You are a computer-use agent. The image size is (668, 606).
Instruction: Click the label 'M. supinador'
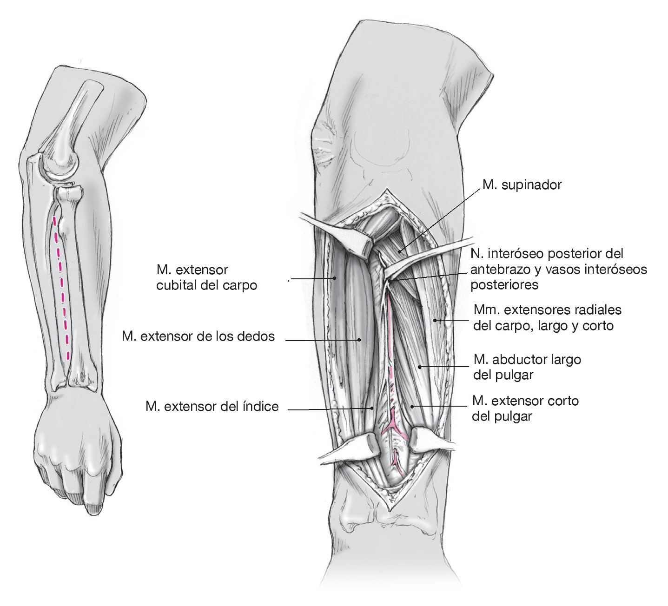[x=522, y=185]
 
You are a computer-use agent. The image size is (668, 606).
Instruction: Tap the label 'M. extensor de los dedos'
[x=198, y=336]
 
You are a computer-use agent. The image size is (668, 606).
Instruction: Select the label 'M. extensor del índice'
[x=212, y=407]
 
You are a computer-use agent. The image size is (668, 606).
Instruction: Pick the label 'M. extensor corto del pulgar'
[x=525, y=408]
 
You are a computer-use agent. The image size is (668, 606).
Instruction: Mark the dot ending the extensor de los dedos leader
[x=359, y=340]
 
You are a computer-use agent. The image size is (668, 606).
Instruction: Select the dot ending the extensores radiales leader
[x=435, y=320]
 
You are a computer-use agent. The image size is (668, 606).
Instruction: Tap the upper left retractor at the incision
[x=339, y=230]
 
